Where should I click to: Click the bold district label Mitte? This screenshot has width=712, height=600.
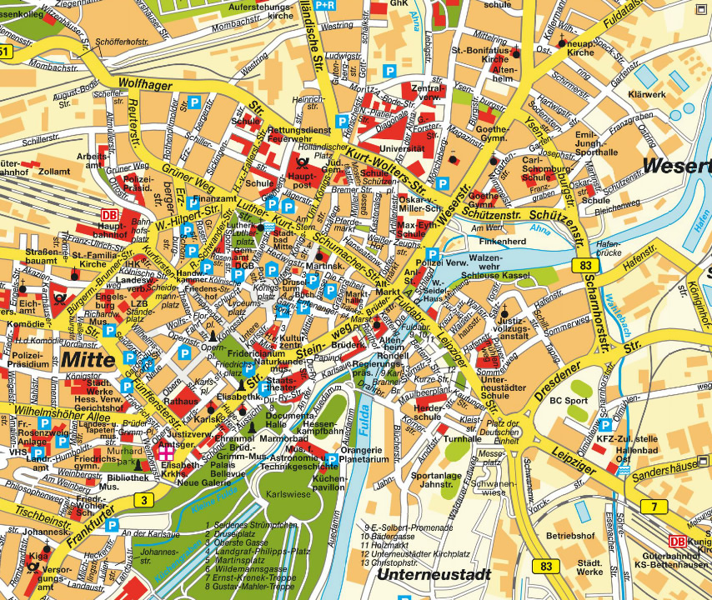pyautogui.click(x=90, y=360)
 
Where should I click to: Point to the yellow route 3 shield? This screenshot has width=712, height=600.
pyautogui.click(x=143, y=499)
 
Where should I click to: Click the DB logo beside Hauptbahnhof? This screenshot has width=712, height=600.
pyautogui.click(x=108, y=215)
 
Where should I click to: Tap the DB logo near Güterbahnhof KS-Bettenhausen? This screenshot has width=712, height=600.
pyautogui.click(x=679, y=541)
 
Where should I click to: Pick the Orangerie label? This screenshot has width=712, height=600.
pyautogui.click(x=366, y=450)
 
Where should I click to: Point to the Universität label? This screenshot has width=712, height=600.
pyautogui.click(x=402, y=148)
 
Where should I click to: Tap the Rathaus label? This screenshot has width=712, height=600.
pyautogui.click(x=179, y=401)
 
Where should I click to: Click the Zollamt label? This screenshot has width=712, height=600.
pyautogui.click(x=55, y=171)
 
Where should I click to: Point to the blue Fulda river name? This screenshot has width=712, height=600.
pyautogui.click(x=365, y=415)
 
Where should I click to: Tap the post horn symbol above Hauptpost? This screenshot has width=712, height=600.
pyautogui.click(x=298, y=155)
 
